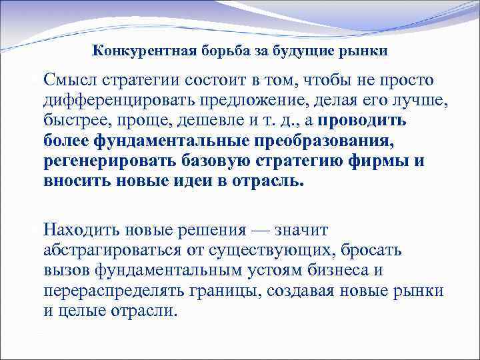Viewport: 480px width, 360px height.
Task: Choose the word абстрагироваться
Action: coord(122,251)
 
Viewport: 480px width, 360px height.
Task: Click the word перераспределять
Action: coord(118,291)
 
